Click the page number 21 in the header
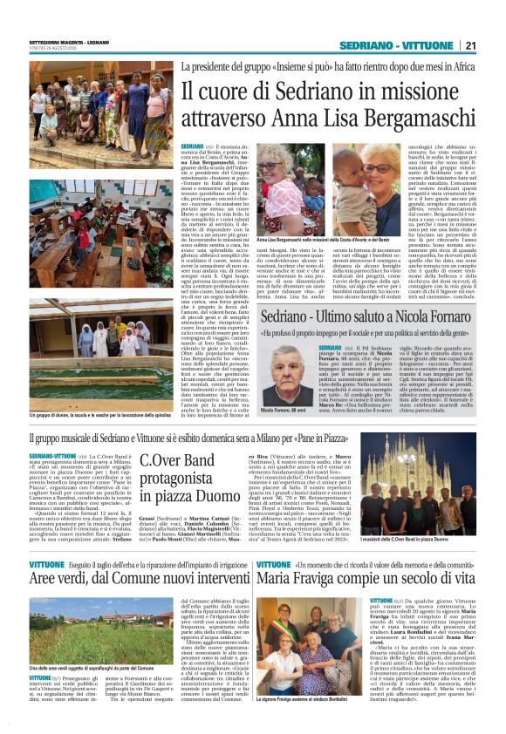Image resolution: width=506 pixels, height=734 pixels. click(471, 45)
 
